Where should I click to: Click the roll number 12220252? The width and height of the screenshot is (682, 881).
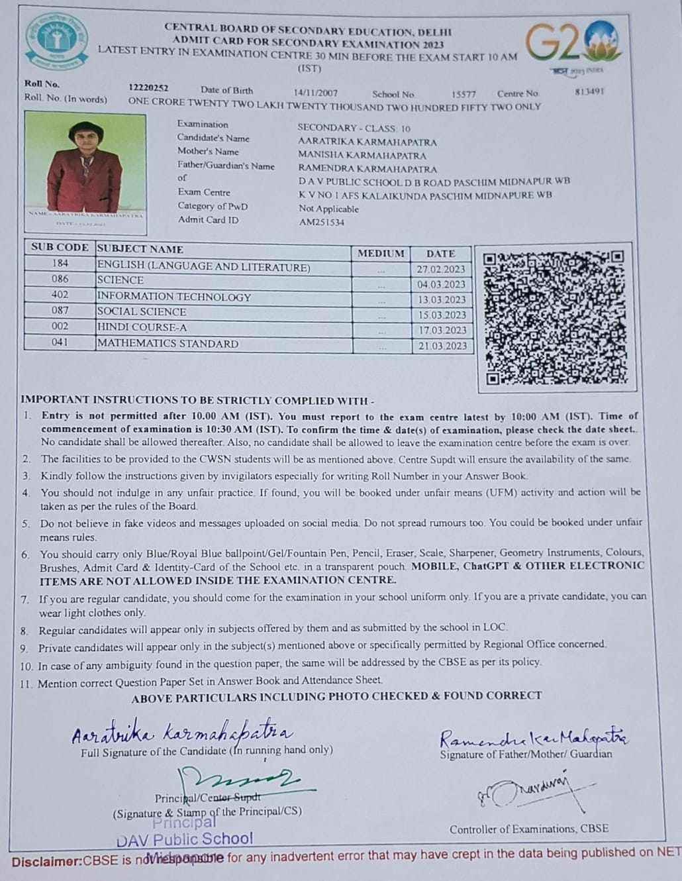[x=148, y=87]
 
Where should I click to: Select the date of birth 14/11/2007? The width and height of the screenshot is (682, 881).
[x=315, y=93]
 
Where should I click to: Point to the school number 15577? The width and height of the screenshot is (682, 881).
[x=463, y=94]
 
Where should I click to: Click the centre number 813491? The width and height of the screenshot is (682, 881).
[x=589, y=92]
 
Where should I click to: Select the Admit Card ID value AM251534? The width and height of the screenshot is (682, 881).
[x=321, y=223]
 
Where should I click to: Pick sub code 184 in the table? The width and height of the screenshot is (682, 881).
[x=60, y=264]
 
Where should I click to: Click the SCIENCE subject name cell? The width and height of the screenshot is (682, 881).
[x=121, y=280]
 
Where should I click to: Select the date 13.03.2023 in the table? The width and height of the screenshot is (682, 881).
[x=441, y=300]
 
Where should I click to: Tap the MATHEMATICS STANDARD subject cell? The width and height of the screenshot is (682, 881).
[x=168, y=343]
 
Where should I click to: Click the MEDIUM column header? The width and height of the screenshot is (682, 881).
[x=380, y=253]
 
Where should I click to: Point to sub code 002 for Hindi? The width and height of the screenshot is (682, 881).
[x=60, y=326]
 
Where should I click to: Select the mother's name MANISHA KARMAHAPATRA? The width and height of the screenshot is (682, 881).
[x=362, y=155]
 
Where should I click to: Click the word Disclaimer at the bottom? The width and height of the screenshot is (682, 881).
[x=46, y=862]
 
